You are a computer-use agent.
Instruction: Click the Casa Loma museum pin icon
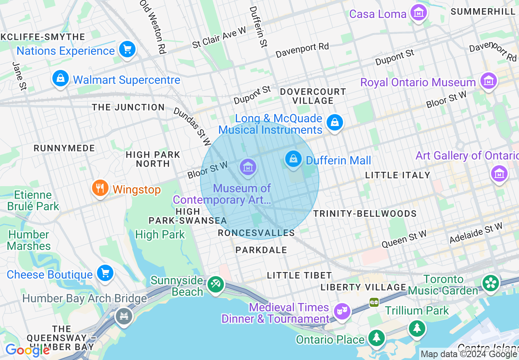418,13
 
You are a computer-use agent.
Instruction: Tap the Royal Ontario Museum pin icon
488,81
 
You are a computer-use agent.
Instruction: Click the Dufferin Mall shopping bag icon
293,159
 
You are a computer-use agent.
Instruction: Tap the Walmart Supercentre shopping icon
61,79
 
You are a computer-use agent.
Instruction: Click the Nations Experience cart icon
127,49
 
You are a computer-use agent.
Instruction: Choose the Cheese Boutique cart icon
105,273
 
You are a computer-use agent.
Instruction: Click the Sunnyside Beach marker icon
215,284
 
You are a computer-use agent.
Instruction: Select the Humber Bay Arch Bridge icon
124,316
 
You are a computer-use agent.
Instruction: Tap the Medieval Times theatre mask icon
341,311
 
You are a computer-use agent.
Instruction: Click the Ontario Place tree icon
376,338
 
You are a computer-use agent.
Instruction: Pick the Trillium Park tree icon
417,328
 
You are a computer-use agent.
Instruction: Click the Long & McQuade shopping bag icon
335,122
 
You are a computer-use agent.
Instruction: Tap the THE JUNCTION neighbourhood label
128,107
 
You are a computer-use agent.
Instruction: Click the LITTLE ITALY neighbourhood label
397,175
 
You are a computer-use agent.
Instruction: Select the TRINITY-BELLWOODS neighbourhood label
365,214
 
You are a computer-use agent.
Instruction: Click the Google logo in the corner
27,350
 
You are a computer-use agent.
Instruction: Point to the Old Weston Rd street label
153,27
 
